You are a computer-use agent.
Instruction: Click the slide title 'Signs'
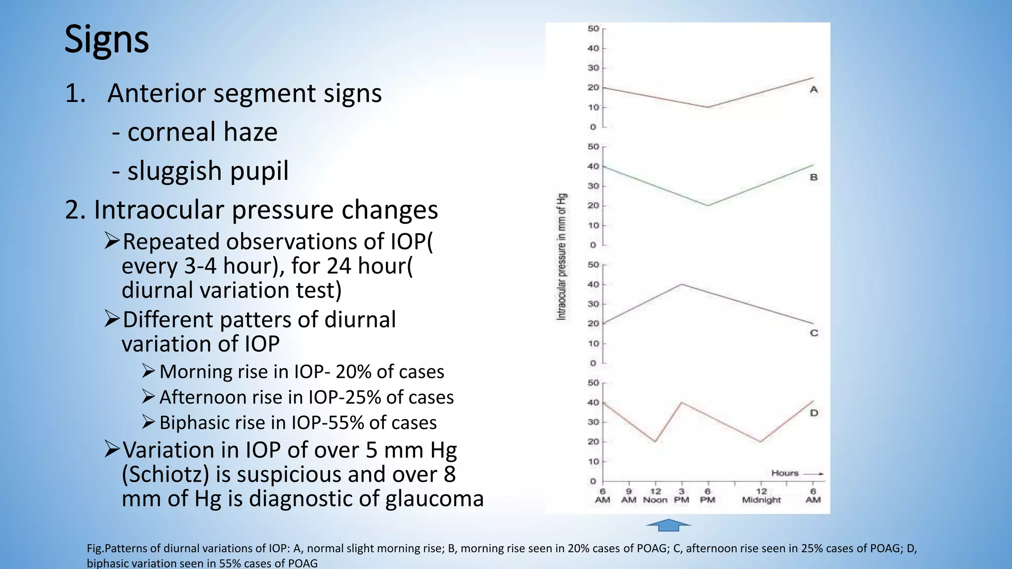(106, 40)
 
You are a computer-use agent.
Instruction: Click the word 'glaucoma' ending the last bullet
(434, 499)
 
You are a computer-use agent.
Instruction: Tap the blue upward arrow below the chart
(668, 525)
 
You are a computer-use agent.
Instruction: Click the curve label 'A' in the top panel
(814, 90)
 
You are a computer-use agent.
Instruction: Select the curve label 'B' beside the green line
(813, 177)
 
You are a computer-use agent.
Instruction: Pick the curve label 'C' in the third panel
(814, 333)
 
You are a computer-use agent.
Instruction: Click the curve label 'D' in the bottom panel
(814, 413)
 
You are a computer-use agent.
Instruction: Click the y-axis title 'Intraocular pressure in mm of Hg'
(562, 257)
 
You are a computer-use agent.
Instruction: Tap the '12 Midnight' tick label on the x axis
(761, 495)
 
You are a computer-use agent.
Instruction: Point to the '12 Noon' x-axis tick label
(655, 495)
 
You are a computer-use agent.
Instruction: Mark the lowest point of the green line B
(708, 205)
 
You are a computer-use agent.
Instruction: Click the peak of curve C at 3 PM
(681, 284)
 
